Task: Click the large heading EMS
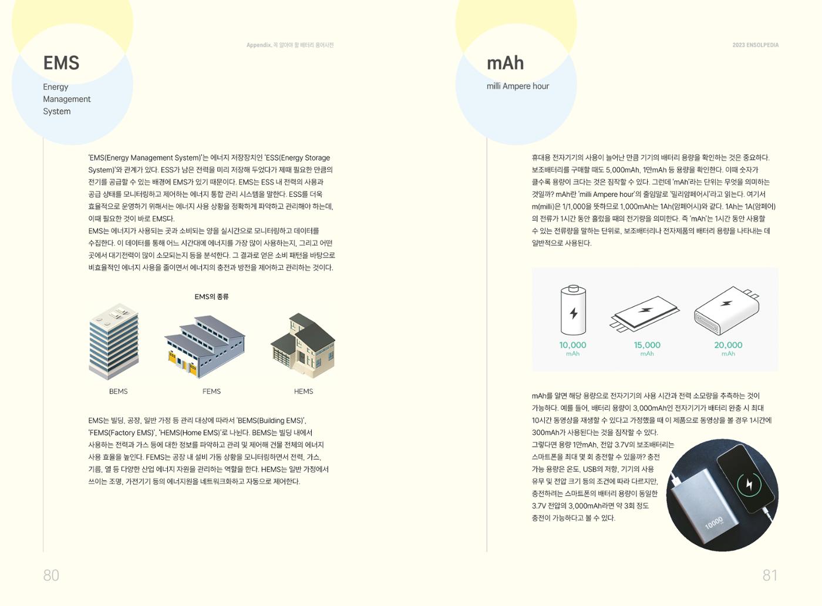(61, 63)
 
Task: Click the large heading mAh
(505, 63)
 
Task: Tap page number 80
(51, 575)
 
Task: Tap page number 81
(770, 575)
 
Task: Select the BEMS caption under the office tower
(118, 391)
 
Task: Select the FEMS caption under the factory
(211, 391)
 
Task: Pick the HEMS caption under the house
(304, 391)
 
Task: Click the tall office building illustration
(114, 341)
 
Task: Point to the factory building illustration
(205, 347)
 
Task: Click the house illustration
(303, 346)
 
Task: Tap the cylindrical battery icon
(573, 310)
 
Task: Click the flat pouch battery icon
(645, 314)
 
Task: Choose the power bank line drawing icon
(727, 311)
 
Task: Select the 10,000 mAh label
(572, 349)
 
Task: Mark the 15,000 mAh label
(647, 349)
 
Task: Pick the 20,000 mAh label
(728, 349)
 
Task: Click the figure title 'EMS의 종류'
(211, 297)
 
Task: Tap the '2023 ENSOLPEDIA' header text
(755, 45)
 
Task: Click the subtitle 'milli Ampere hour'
(518, 86)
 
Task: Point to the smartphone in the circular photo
(747, 479)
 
